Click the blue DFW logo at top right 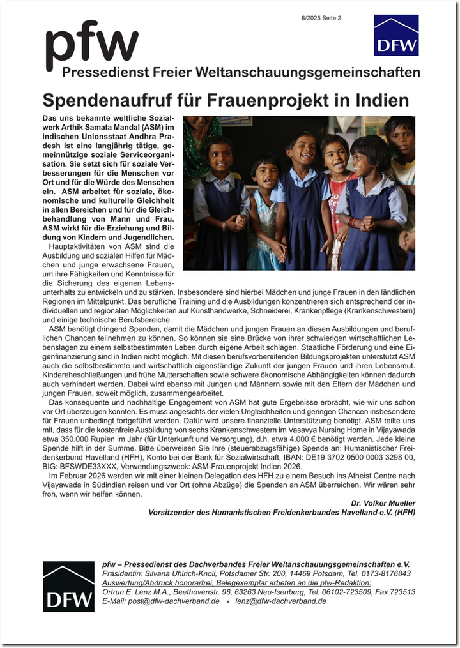click(396, 36)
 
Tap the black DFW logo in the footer click(68, 586)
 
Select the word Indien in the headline click(383, 101)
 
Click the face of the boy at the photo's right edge click(401, 136)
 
